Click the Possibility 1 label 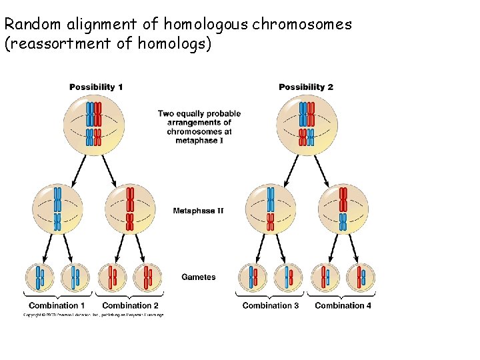96,87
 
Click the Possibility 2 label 306,87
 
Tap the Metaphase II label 198,211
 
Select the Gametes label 199,277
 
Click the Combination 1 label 57,305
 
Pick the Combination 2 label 130,305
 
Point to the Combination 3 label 271,305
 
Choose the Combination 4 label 343,305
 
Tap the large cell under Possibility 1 94,123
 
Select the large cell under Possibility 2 307,123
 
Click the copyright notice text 93,315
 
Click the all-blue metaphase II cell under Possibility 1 57,209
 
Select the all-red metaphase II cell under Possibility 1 131,209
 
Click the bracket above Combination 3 270,295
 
